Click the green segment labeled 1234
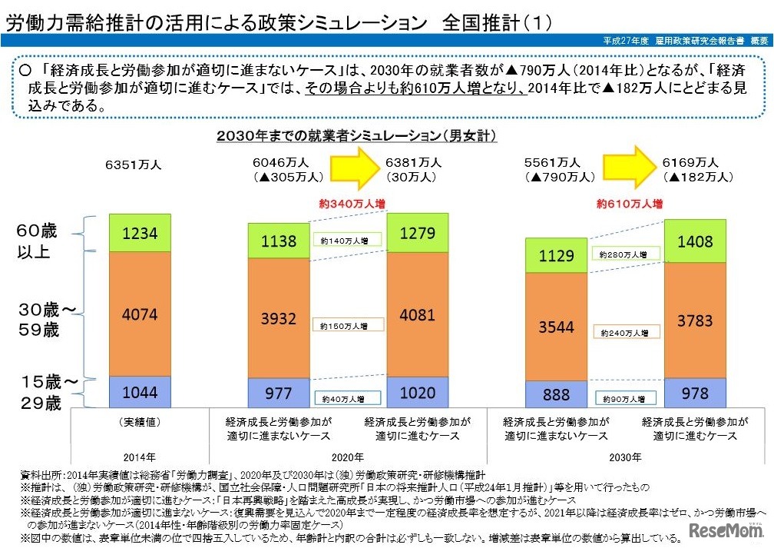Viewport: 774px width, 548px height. [x=139, y=232]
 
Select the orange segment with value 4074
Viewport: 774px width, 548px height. [x=139, y=314]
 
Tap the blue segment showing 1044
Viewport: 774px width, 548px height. [x=139, y=392]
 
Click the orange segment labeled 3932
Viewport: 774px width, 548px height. [x=278, y=318]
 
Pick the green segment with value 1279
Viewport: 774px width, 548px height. [x=417, y=233]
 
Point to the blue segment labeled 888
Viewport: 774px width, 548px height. [x=556, y=395]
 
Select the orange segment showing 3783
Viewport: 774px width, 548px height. [x=695, y=321]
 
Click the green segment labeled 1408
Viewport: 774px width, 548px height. [x=695, y=241]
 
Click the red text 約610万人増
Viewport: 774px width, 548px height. [x=629, y=204]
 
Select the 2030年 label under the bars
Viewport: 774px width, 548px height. [x=625, y=457]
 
